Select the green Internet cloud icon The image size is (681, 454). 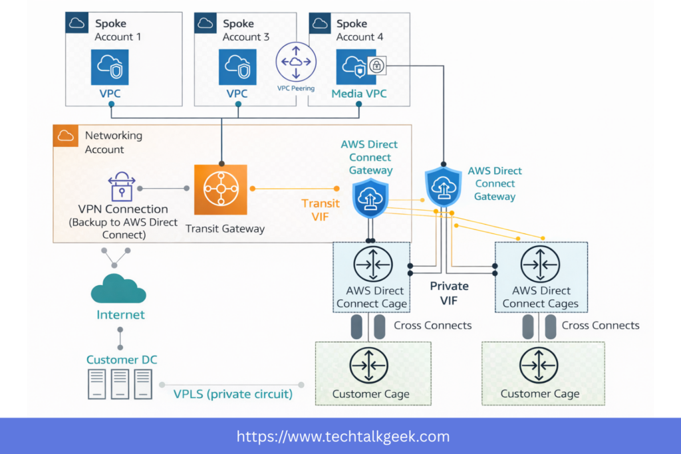point(119,289)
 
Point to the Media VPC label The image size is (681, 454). point(358,94)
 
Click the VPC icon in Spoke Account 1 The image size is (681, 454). point(110,66)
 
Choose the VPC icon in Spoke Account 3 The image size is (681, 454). point(237,66)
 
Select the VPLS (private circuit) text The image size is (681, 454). point(233,394)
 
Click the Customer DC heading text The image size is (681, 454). point(122,360)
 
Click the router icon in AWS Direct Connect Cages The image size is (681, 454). point(539,264)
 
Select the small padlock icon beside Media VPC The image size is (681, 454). point(376,65)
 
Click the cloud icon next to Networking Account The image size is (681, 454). point(65,136)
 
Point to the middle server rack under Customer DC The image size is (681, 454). point(120,384)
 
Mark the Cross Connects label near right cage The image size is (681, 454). point(600,326)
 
